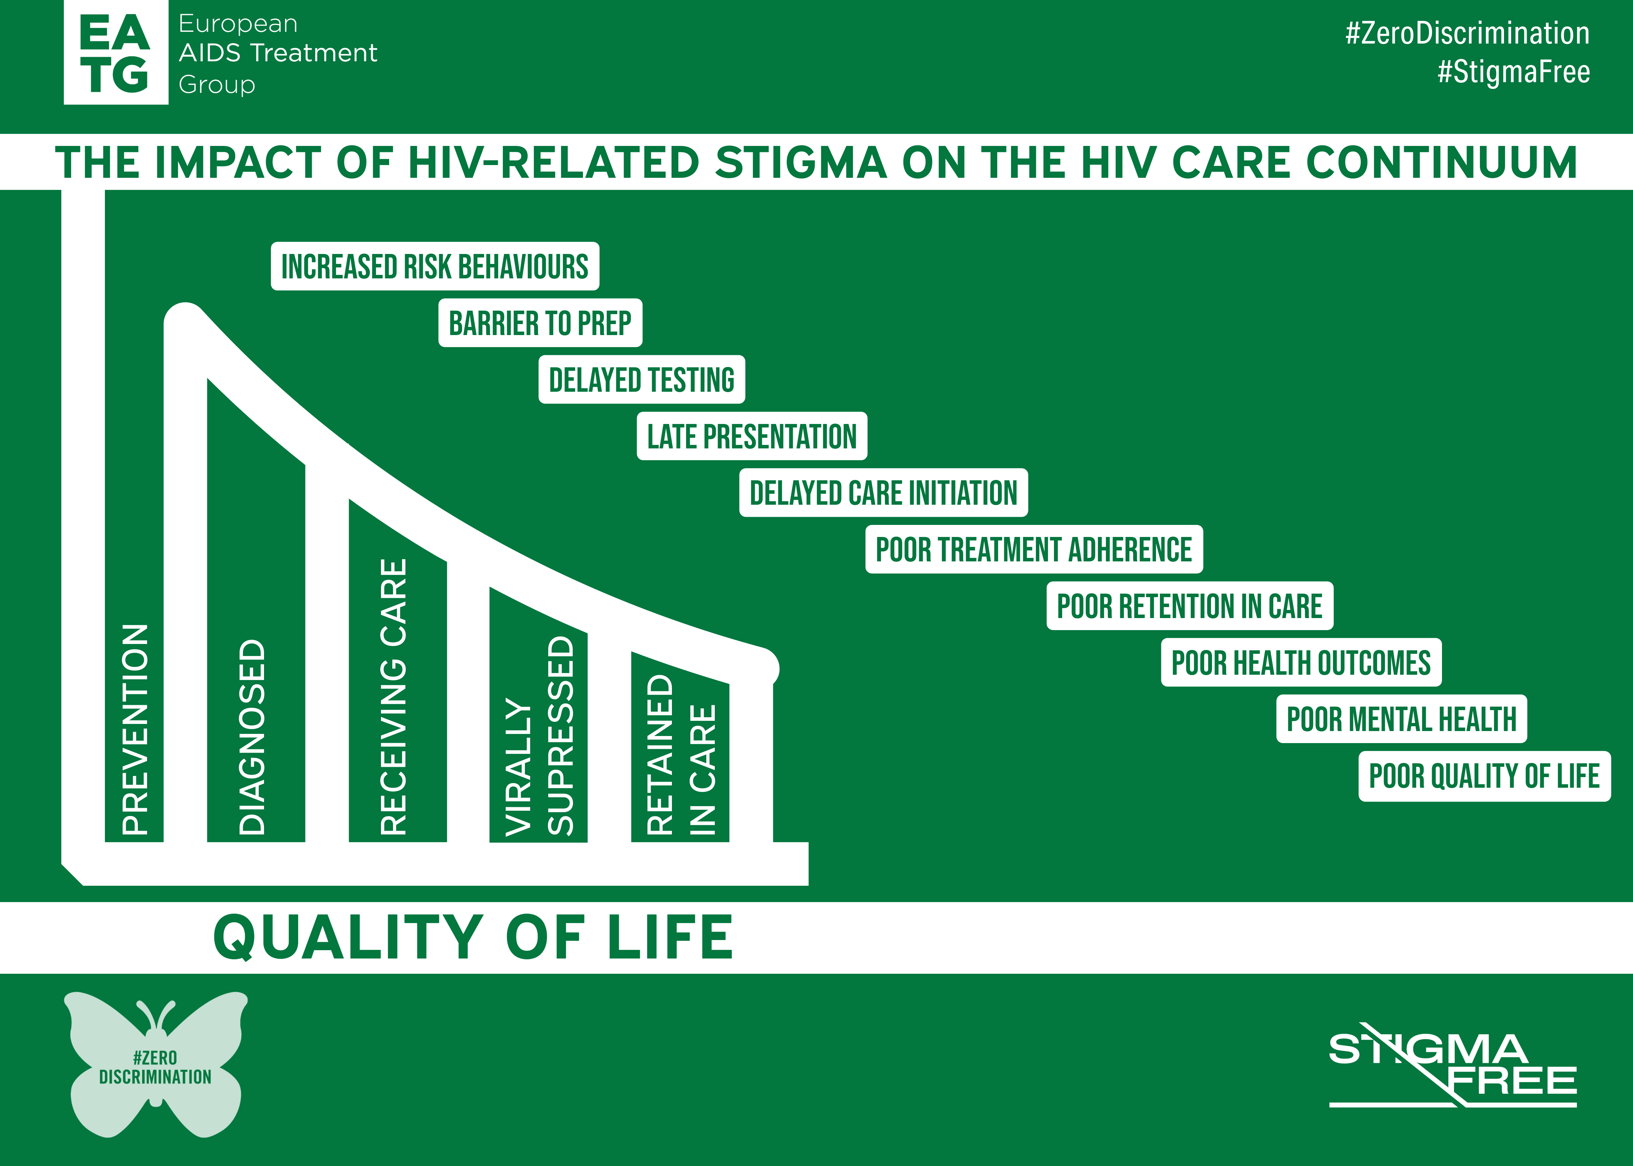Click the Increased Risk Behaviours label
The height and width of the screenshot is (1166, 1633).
click(435, 266)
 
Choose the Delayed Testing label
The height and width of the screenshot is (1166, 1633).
click(641, 379)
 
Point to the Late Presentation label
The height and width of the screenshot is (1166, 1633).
click(752, 436)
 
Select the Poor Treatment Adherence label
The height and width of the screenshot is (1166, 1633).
click(1034, 549)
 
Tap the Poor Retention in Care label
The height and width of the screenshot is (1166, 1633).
click(1190, 606)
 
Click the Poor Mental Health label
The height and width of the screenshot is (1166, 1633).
click(1401, 719)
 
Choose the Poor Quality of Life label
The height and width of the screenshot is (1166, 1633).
click(1484, 776)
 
